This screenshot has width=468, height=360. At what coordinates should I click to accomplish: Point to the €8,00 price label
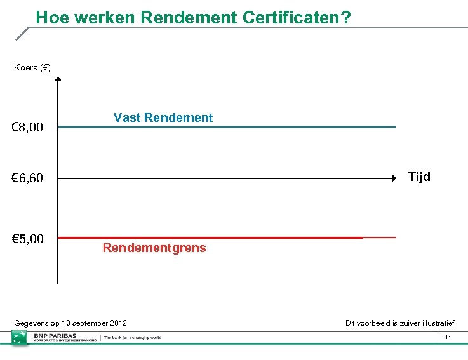pyautogui.click(x=28, y=128)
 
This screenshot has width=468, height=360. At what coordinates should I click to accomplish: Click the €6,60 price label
pyautogui.click(x=28, y=178)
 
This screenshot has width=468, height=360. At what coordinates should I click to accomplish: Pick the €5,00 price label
pyautogui.click(x=28, y=239)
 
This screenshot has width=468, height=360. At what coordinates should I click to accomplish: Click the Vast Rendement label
pyautogui.click(x=163, y=117)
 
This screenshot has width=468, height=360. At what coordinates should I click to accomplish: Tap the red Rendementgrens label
pyautogui.click(x=154, y=248)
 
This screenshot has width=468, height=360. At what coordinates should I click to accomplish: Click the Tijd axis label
pyautogui.click(x=419, y=177)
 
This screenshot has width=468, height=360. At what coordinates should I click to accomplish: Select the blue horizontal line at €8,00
pyautogui.click(x=254, y=127)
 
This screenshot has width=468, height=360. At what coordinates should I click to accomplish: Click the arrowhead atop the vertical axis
pyautogui.click(x=58, y=80)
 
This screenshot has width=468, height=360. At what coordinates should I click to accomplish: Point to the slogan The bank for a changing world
pyautogui.click(x=133, y=337)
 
